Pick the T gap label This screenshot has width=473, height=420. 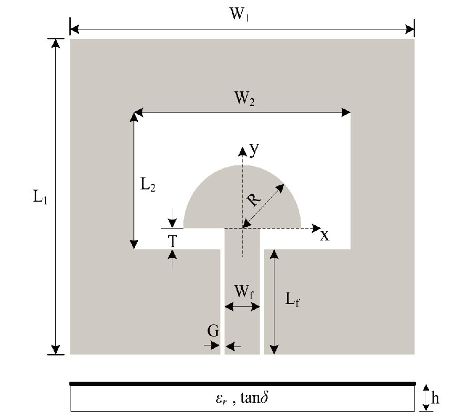[172, 241]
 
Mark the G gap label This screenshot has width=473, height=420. [213, 331]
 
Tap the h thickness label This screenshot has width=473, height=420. [436, 397]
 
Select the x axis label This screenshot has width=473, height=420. [325, 236]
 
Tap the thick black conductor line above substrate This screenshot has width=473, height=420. [242, 384]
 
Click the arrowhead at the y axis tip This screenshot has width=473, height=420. [242, 152]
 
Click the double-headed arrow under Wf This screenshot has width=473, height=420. [242, 306]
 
